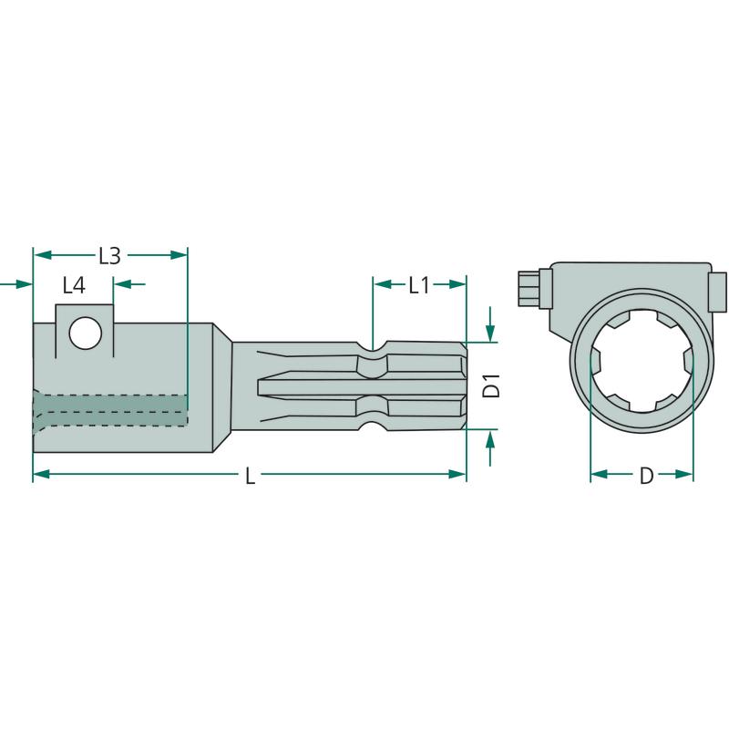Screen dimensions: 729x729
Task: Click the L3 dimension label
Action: pos(109,256)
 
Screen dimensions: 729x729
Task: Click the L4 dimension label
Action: pos(75,285)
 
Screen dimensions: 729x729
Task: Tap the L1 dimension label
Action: pos(419,285)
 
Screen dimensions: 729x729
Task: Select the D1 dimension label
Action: pos(491,385)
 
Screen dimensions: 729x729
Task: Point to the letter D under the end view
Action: pos(646,476)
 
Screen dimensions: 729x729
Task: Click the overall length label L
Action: pos(250,476)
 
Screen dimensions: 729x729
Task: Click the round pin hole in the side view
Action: pos(86,333)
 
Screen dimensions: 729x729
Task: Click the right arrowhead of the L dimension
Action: pos(457,474)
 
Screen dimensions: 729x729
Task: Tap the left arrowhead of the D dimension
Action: pos(600,474)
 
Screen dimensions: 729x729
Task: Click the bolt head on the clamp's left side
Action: pos(529,288)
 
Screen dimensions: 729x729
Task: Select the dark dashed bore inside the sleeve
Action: pos(110,410)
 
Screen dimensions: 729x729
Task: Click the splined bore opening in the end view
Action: pos(642,361)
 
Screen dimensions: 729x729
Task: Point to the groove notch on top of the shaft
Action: pos(373,346)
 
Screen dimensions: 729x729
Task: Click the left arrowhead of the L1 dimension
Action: pos(383,284)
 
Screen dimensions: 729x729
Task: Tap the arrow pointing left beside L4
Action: pos(123,283)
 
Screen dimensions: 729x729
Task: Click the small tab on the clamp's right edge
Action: pos(717,292)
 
